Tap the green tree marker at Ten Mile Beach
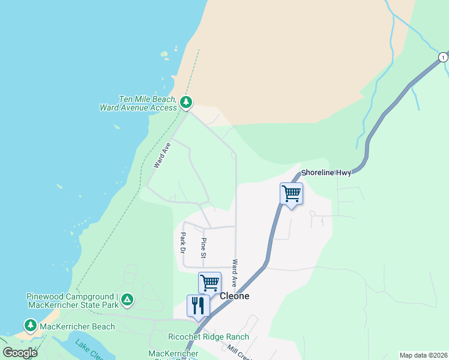point(187,103)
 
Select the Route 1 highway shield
point(442,57)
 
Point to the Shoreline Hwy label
point(326,172)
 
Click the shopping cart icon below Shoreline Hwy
point(291,194)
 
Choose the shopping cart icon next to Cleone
point(209,282)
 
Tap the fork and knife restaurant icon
point(198,305)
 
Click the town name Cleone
point(234,296)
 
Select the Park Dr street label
point(183,242)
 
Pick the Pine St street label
point(203,248)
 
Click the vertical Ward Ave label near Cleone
point(235,273)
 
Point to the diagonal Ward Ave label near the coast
point(162,154)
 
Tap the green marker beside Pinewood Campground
point(127,299)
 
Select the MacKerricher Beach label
point(77,326)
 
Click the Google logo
point(20,353)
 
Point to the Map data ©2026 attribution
point(423,355)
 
